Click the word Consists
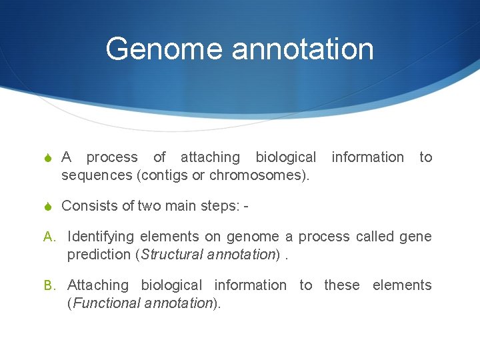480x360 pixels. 87,206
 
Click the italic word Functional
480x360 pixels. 103,303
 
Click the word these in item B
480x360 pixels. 341,285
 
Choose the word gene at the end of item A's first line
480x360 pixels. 415,237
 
